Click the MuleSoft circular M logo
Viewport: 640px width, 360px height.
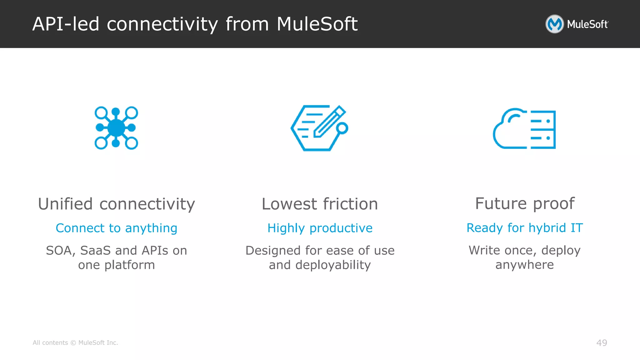click(x=554, y=24)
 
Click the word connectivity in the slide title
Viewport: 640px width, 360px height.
click(x=162, y=24)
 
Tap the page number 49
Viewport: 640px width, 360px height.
click(x=602, y=343)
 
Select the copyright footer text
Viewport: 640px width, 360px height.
click(x=75, y=343)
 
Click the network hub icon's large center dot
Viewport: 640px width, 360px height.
click(x=116, y=128)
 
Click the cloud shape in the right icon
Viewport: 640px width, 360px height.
click(x=509, y=131)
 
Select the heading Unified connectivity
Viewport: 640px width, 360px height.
click(x=116, y=204)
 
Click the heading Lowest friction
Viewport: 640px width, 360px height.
click(x=320, y=204)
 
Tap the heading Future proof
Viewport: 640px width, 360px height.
click(x=525, y=204)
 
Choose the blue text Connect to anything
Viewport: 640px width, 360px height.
click(x=116, y=228)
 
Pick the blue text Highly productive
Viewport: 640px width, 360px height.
click(x=320, y=228)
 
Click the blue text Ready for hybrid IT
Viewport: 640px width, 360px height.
click(x=525, y=228)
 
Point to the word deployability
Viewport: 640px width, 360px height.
click(x=333, y=265)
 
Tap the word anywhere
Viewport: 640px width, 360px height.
click(x=525, y=265)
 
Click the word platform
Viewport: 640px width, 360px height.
click(x=129, y=265)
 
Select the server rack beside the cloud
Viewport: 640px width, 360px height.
click(x=543, y=130)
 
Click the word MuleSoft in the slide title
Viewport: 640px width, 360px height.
click(x=317, y=24)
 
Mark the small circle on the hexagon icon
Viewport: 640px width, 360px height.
click(x=342, y=128)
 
